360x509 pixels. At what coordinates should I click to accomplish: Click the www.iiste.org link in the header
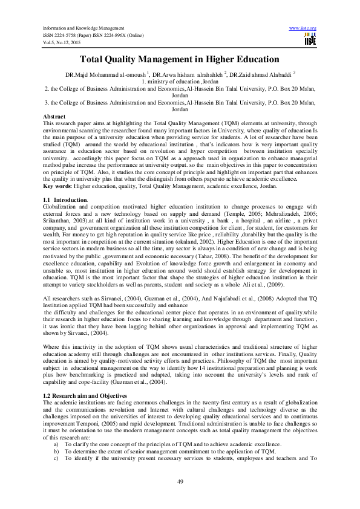point(303,28)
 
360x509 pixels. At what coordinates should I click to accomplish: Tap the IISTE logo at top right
point(309,39)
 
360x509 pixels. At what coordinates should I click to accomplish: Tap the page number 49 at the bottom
point(180,481)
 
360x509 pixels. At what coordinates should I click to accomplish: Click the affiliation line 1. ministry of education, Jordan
point(180,81)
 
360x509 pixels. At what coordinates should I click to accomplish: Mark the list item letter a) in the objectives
point(56,444)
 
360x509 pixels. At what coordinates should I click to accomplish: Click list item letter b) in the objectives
point(56,450)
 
